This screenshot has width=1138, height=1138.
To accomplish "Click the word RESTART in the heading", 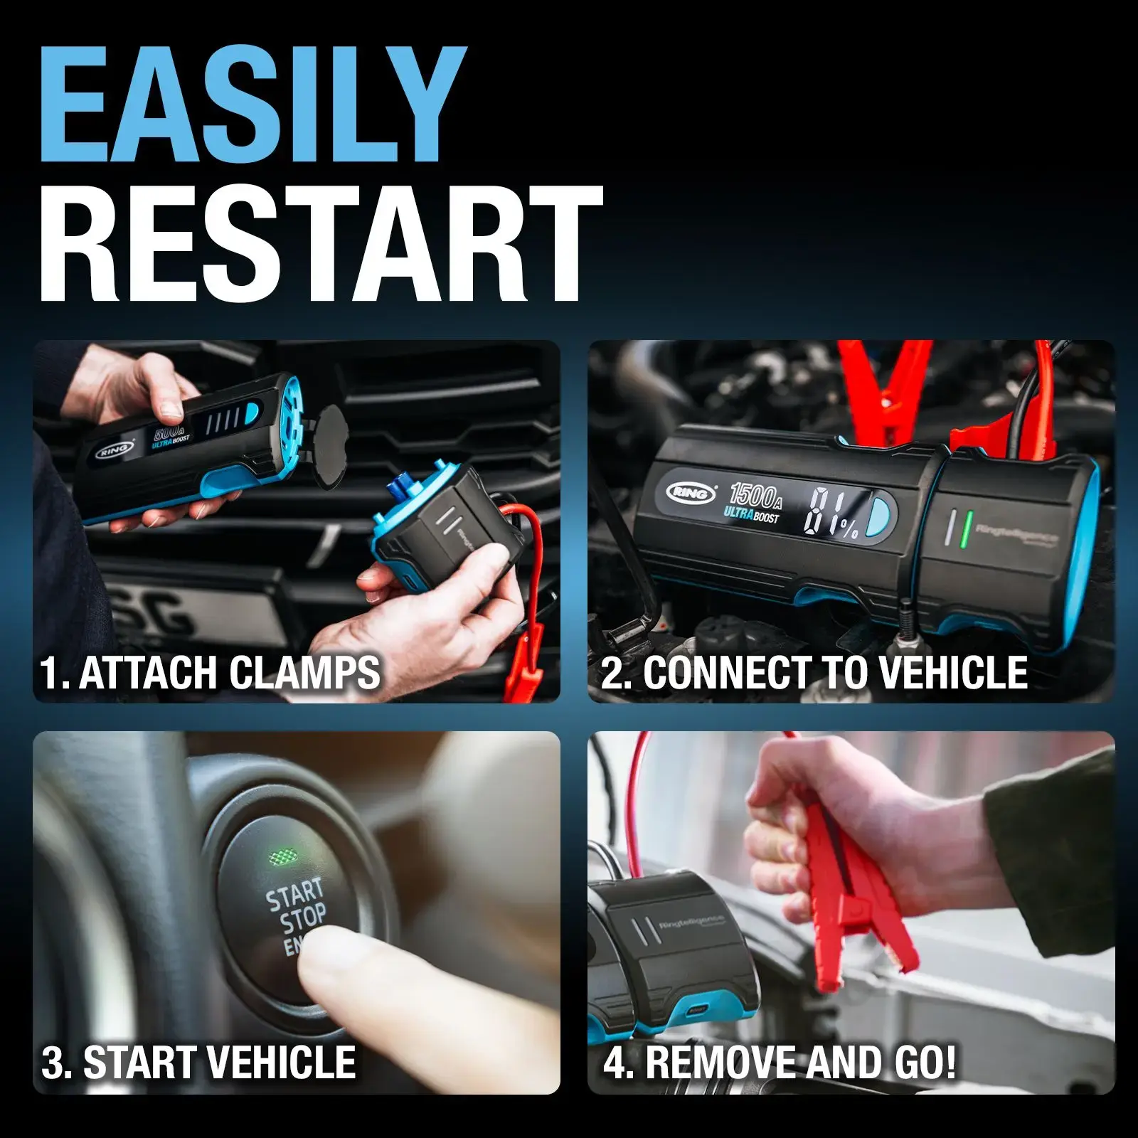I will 320,245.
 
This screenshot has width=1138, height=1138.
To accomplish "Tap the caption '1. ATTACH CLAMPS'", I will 210,673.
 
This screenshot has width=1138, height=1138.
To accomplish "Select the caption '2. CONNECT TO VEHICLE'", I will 814,673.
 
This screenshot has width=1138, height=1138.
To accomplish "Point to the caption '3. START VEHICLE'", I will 198,1062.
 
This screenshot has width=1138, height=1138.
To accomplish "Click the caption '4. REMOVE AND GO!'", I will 780,1062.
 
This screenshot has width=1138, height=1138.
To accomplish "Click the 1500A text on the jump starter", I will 756,495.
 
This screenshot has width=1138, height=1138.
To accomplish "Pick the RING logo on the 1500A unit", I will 691,492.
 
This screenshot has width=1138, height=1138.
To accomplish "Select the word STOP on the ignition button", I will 304,920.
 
